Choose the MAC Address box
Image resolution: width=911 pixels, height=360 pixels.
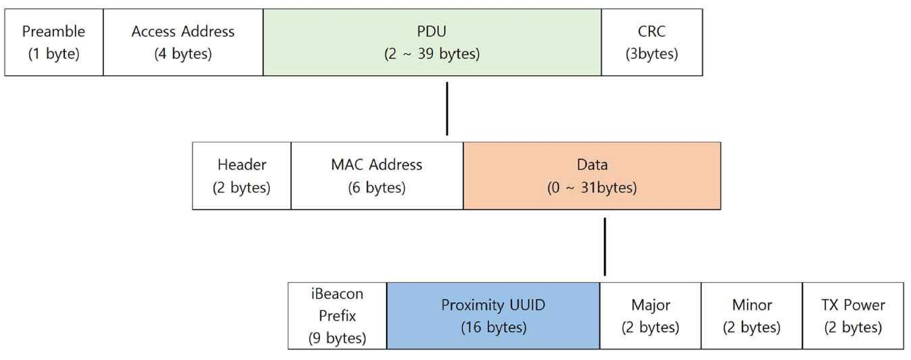tap(377, 176)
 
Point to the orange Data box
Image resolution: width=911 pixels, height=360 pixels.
tap(592, 176)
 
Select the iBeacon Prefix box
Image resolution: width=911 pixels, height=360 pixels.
tap(337, 316)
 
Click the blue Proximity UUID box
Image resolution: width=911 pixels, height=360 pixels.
tap(493, 316)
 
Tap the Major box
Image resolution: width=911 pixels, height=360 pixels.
tap(650, 316)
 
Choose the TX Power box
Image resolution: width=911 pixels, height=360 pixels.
tap(853, 316)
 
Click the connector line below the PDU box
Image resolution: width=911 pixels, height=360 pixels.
tap(447, 109)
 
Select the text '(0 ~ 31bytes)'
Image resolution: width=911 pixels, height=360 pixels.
tap(592, 187)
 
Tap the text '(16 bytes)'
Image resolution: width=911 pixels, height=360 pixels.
tap(494, 327)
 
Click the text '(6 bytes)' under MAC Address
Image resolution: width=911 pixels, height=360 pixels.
tap(377, 187)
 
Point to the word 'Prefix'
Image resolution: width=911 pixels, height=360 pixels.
tap(337, 315)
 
